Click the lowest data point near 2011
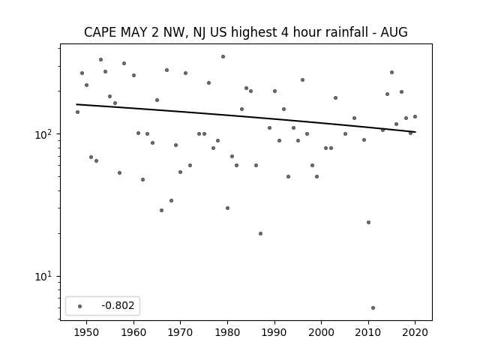[x=373, y=307]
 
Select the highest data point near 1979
[x=223, y=57]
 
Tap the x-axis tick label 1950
[x=87, y=332]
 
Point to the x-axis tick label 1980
[x=227, y=332]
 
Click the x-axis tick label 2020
[x=415, y=332]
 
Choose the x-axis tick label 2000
[x=322, y=332]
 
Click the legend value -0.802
[x=118, y=305]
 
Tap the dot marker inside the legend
[x=80, y=306]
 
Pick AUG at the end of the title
[x=394, y=32]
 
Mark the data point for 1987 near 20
[x=260, y=233]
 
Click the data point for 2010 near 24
[x=368, y=222]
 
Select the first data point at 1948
[x=77, y=112]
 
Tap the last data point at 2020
[x=415, y=117]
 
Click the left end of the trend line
[x=76, y=104]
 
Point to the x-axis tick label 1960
[x=133, y=332]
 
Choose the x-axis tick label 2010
[x=368, y=332]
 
